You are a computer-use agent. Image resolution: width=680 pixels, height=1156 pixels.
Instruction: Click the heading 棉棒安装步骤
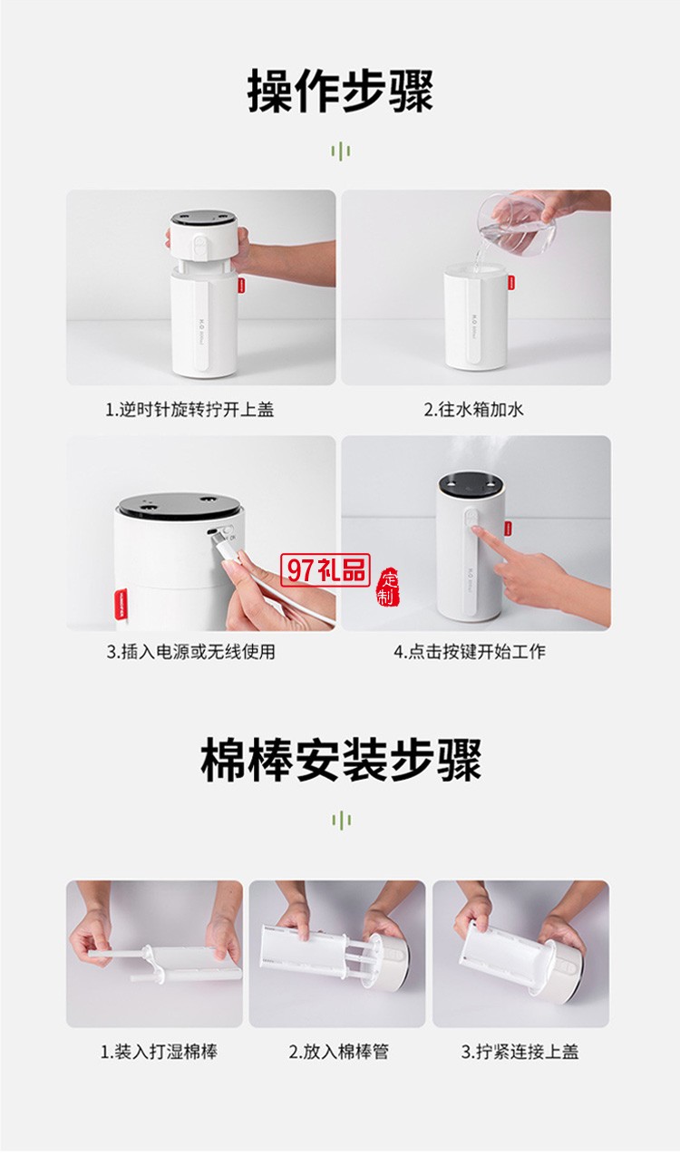click(x=340, y=760)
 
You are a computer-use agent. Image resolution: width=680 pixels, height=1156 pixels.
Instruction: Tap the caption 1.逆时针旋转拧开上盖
click(x=189, y=409)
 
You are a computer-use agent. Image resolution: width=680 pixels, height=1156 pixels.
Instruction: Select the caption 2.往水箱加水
click(x=473, y=409)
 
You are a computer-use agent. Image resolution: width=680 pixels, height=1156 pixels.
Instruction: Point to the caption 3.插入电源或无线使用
click(x=189, y=651)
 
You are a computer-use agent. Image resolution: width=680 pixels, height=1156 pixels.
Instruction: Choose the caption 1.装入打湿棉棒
click(x=159, y=1052)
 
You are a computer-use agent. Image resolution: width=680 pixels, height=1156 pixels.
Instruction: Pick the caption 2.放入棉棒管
click(x=337, y=1052)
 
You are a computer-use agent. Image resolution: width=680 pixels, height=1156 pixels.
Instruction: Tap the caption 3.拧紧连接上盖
click(x=520, y=1052)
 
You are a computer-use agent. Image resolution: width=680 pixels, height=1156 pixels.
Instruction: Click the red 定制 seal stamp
click(x=387, y=590)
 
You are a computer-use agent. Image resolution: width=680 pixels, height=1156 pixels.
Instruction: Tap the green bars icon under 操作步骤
click(x=340, y=151)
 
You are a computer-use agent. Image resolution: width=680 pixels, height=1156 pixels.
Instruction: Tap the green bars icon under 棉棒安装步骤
click(x=340, y=821)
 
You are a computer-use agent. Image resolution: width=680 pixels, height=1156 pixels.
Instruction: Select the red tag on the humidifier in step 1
click(x=244, y=286)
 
